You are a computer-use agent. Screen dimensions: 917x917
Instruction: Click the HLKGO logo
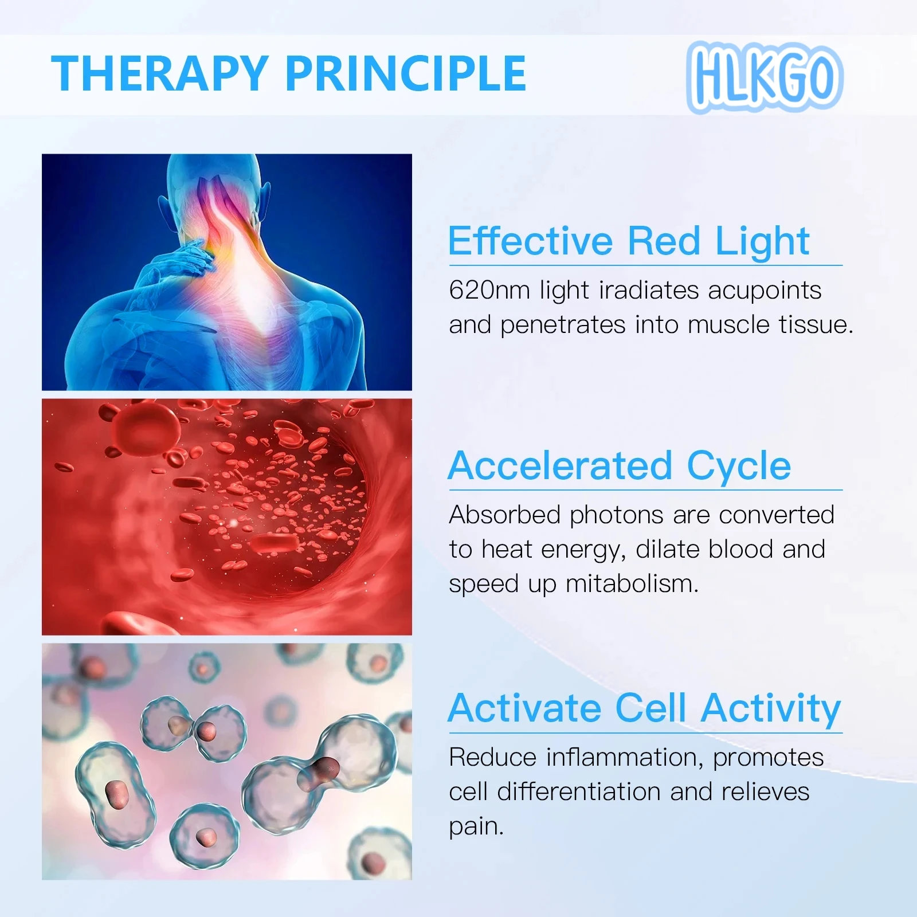click(x=765, y=77)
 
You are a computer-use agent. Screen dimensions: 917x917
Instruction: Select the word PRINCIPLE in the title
click(x=405, y=74)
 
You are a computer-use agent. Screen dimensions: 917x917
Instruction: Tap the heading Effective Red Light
click(x=628, y=241)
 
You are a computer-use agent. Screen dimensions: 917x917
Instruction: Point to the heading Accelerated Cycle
click(x=619, y=465)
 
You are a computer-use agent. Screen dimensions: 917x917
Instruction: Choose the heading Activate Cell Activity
click(x=644, y=708)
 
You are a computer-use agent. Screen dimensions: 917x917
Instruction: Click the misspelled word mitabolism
click(x=632, y=584)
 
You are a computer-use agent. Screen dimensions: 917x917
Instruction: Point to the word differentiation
click(x=579, y=792)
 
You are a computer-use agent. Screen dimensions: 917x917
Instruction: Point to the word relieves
click(x=765, y=792)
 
